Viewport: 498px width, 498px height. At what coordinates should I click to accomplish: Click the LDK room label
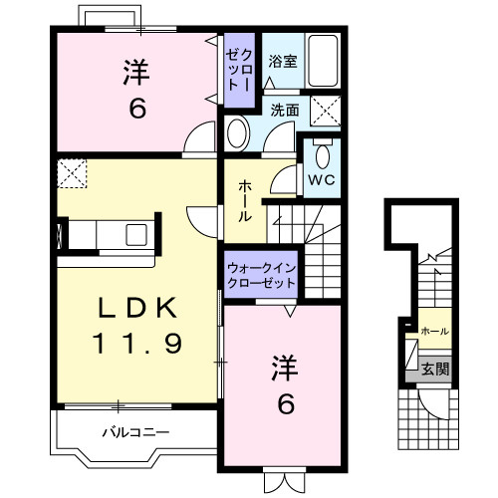point(136,308)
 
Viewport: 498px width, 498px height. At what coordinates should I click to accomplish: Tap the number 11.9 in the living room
point(136,343)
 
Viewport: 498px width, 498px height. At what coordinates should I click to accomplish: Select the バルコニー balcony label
point(135,432)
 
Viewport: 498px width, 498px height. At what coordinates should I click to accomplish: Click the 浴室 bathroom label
point(283,62)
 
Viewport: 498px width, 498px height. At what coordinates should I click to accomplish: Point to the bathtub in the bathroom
point(323,61)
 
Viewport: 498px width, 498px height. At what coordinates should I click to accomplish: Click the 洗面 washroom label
point(285,111)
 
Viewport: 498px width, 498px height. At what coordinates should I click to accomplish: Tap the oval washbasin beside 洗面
point(238,133)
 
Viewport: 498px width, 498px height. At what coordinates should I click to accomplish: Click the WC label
point(322,180)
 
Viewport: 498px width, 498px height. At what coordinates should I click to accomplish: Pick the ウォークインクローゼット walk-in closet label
point(262,275)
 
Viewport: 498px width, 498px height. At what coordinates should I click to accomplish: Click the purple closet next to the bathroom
point(239,70)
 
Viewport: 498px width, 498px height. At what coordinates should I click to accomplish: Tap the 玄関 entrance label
point(435,369)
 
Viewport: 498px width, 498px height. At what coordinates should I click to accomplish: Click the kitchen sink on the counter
point(136,235)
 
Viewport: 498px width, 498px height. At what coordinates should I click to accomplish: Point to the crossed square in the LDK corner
point(72,173)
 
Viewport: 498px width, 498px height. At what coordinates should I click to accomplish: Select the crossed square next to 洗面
point(326,111)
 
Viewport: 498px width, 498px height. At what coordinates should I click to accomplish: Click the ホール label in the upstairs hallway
point(245,200)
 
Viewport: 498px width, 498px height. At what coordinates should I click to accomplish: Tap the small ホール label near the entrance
point(434,331)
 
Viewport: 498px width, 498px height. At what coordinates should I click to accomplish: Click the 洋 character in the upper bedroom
point(136,73)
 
